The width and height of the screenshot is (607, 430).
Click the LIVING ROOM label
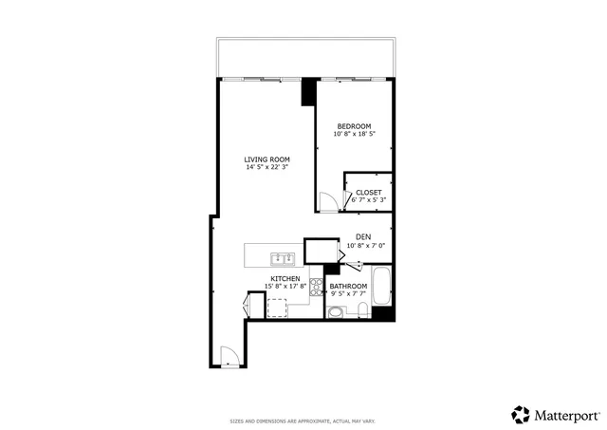pyautogui.click(x=267, y=159)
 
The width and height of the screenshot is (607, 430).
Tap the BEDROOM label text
pyautogui.click(x=356, y=124)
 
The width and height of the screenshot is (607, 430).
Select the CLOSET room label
pyautogui.click(x=368, y=192)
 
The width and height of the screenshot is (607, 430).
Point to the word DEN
pyautogui.click(x=362, y=236)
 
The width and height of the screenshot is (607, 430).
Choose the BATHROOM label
pyautogui.click(x=348, y=286)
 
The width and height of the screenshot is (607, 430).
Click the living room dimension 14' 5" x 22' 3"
pyautogui.click(x=267, y=167)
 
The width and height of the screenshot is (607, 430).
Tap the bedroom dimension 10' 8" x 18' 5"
pyautogui.click(x=356, y=133)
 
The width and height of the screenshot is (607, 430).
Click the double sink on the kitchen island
pyautogui.click(x=282, y=257)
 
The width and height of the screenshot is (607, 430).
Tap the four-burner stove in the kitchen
pyautogui.click(x=316, y=287)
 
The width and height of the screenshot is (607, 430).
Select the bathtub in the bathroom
pyautogui.click(x=382, y=288)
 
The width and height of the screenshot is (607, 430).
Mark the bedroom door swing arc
pyautogui.click(x=327, y=200)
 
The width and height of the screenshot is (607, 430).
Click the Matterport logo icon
pyautogui.click(x=521, y=414)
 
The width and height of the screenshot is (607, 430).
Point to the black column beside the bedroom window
pyautogui.click(x=308, y=92)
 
